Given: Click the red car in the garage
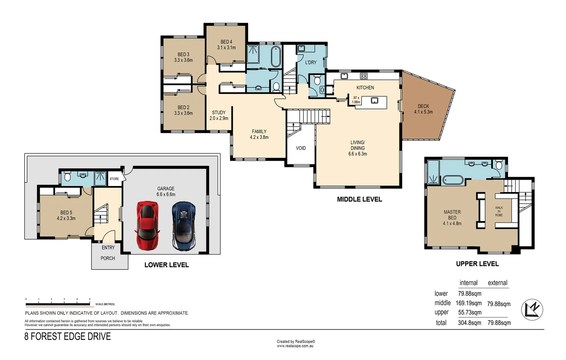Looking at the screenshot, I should [147, 226].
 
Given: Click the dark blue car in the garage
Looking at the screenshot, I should [183, 226].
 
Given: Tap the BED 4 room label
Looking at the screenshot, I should [226, 45].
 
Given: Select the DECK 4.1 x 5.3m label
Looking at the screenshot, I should [423, 109].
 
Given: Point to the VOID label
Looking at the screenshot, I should [301, 148].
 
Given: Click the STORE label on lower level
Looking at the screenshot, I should [114, 179].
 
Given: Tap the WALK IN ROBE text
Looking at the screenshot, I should [499, 211].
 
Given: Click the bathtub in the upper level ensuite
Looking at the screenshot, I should [453, 180].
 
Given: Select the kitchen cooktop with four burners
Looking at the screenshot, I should [364, 76].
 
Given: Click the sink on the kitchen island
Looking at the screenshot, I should [375, 101].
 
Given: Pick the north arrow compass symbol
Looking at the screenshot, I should [532, 310].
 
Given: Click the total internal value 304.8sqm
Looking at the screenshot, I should [469, 323].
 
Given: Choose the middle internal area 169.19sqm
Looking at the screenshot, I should [468, 303].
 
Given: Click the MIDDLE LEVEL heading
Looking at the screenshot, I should [359, 199].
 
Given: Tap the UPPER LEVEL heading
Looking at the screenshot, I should [477, 264].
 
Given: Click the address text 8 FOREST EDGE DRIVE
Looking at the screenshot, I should [67, 336].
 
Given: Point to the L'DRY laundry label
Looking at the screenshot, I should [311, 62].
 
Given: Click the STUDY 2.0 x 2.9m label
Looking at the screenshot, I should [219, 115].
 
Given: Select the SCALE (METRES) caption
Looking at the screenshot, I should [105, 304].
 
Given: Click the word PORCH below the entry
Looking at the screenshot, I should [108, 258].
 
